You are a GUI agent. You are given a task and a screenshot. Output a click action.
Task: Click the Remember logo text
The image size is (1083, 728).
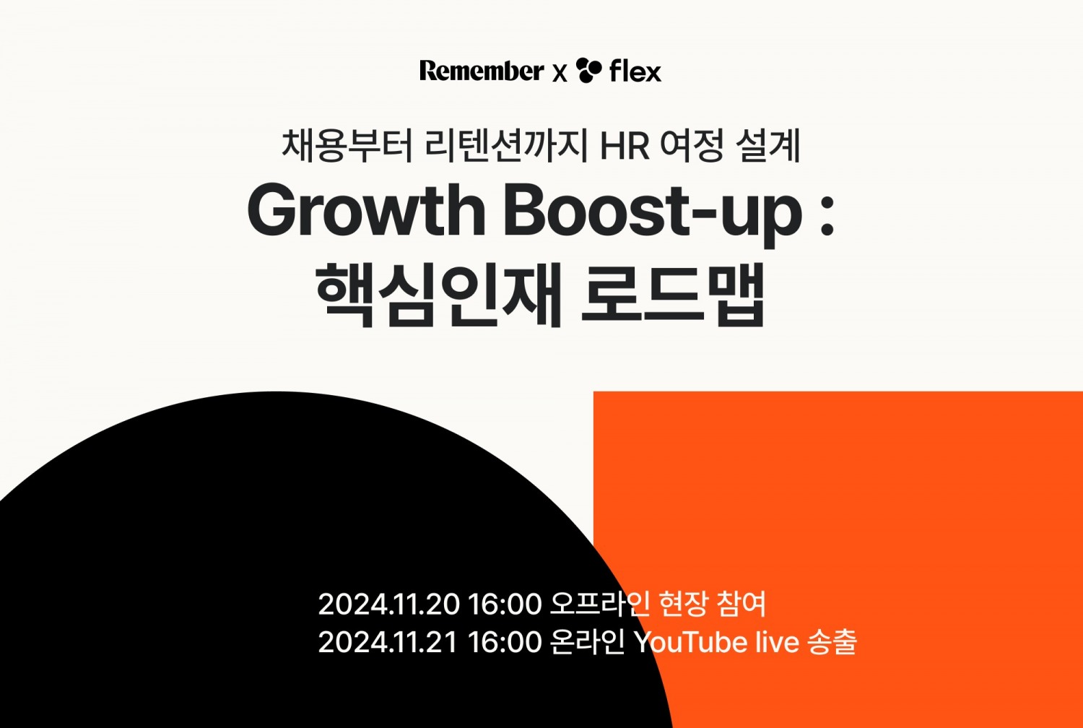pos(481,71)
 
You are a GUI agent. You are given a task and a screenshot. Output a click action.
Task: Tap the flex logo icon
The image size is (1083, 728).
pos(588,70)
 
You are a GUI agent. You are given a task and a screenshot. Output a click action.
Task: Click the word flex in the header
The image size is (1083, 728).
pos(635,71)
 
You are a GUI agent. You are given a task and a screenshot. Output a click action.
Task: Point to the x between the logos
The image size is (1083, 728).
pos(560,73)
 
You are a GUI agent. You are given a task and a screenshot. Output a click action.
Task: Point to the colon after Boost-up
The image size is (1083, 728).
pos(827,214)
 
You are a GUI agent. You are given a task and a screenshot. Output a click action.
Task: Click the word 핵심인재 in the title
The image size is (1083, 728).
pos(439,295)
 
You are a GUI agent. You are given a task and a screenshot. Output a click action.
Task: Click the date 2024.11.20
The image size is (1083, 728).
pos(388,604)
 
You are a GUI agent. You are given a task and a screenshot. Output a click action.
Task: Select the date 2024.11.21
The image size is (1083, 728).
pos(388,642)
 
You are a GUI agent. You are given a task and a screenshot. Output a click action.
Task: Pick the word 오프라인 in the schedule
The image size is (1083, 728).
pos(600,603)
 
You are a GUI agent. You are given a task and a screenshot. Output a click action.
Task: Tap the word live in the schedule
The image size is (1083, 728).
pos(777,642)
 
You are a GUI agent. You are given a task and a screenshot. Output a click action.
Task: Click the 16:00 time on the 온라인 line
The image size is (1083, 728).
pos(505,642)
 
